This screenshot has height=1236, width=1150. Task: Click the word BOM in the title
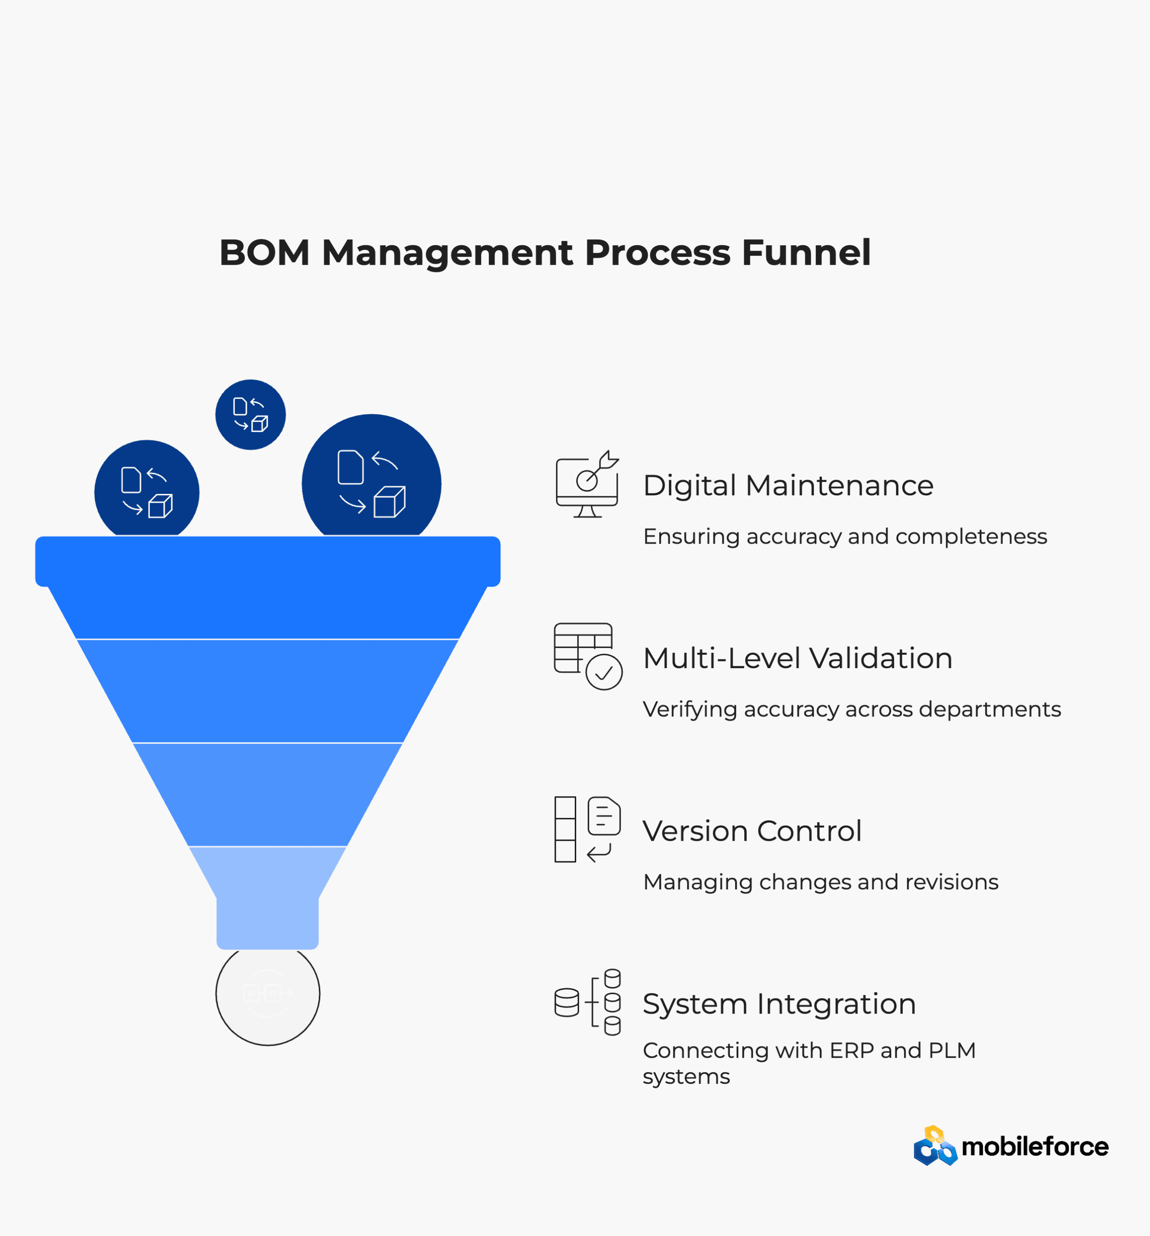coord(264,253)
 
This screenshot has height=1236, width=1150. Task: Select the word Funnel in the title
coord(806,253)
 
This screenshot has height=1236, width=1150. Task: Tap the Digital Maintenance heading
coord(787,486)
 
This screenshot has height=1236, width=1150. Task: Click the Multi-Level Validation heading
coord(797,659)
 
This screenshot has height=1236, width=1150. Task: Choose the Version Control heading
coord(752,831)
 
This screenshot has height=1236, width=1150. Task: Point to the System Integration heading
coord(779,1004)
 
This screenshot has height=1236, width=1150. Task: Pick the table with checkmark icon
coord(588,657)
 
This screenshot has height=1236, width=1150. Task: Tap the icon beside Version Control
coord(587,829)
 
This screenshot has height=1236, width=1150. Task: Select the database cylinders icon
coord(587,1002)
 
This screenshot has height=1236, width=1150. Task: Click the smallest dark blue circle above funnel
coord(251,415)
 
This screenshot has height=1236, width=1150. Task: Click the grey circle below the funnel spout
coord(268,994)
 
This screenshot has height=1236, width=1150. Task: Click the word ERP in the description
coord(852,1051)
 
